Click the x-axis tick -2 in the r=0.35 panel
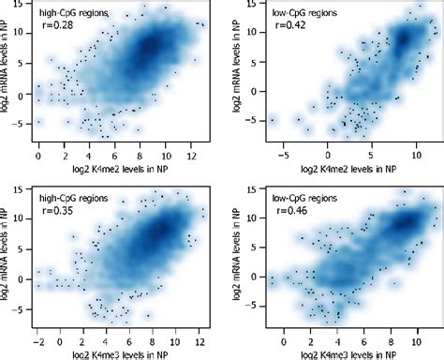tap(37, 332)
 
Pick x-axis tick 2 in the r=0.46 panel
tap(314, 332)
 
